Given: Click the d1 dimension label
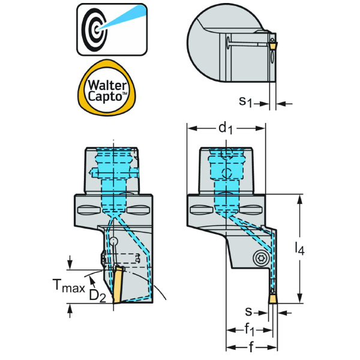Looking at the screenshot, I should tap(225, 127).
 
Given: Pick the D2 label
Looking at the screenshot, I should tap(98, 296).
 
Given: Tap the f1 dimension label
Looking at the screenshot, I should tap(251, 329).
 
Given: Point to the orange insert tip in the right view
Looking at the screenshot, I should tap(272, 299).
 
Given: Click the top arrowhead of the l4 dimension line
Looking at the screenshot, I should tap(301, 197).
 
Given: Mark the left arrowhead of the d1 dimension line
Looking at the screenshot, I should tap(190, 127).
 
